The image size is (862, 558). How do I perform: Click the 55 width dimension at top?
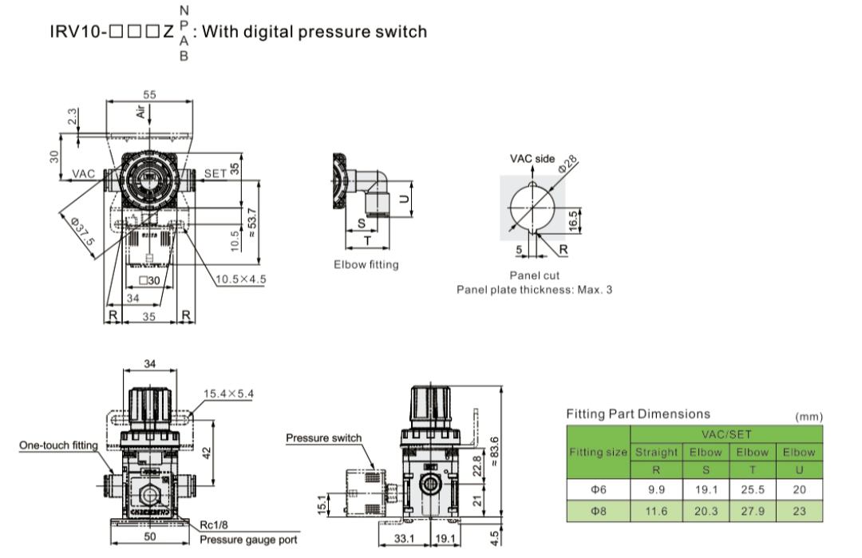click(x=149, y=95)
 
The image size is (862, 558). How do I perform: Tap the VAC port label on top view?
click(x=84, y=173)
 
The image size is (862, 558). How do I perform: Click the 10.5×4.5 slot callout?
click(x=240, y=279)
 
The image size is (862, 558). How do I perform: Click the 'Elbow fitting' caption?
click(x=366, y=264)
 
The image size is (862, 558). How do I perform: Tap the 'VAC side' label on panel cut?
click(x=532, y=159)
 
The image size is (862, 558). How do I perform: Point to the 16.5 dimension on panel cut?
click(x=573, y=220)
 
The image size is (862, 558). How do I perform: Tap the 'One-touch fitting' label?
click(x=58, y=445)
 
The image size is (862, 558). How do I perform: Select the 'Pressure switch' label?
click(x=323, y=437)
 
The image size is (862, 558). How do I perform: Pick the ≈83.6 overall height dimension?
click(x=496, y=453)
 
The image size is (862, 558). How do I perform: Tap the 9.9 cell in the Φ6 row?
click(x=656, y=489)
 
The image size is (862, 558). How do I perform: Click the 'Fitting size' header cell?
click(x=598, y=453)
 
